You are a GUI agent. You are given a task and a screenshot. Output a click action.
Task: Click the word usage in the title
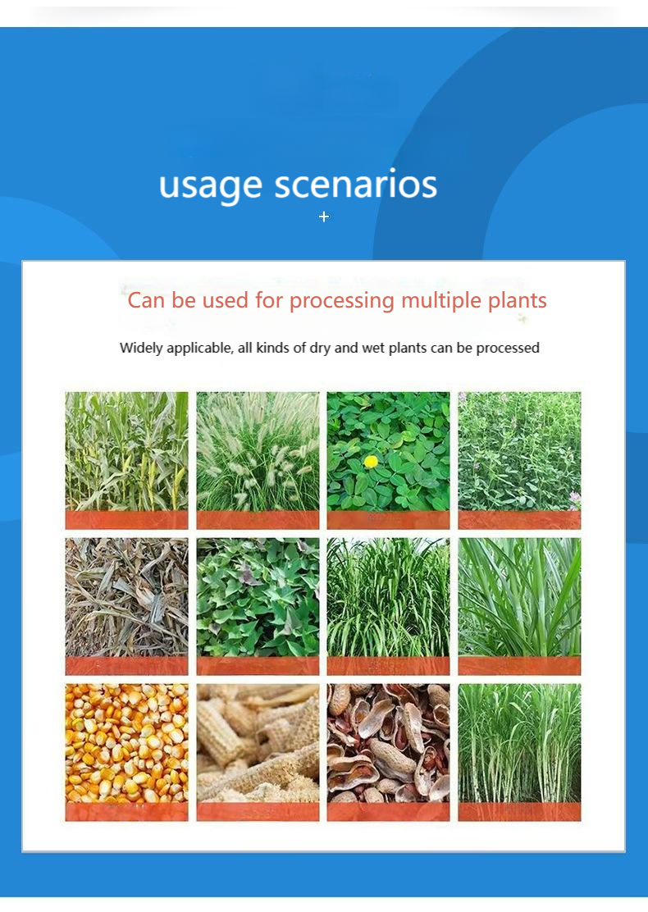pos(211,185)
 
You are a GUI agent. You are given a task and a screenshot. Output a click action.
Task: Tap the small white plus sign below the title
pos(324,217)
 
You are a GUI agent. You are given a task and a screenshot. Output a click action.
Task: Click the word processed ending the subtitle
pos(508,348)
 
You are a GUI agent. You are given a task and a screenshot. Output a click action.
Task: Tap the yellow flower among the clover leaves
pos(372,462)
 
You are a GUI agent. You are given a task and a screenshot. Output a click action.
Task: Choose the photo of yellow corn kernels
pos(126,742)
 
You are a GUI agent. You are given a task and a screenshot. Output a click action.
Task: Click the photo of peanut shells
pos(388,742)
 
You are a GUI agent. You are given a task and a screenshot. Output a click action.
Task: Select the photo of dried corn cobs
pos(258,742)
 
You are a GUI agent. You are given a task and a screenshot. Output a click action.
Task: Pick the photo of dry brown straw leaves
pos(126,597)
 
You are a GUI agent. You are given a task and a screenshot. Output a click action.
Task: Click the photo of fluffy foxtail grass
pos(258,451)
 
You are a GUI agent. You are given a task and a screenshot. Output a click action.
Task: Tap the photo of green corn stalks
pos(126,451)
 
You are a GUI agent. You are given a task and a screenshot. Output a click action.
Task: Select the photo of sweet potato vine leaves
pos(258,597)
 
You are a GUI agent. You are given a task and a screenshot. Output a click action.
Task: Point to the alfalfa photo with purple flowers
pos(519,451)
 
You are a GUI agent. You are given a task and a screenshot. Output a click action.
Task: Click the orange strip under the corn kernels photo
pos(126,811)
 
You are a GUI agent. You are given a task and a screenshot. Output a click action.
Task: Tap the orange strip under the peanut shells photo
pos(388,811)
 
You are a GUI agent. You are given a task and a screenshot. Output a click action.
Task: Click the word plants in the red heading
pos(517,300)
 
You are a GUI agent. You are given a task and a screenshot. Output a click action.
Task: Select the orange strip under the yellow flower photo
pos(388,519)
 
